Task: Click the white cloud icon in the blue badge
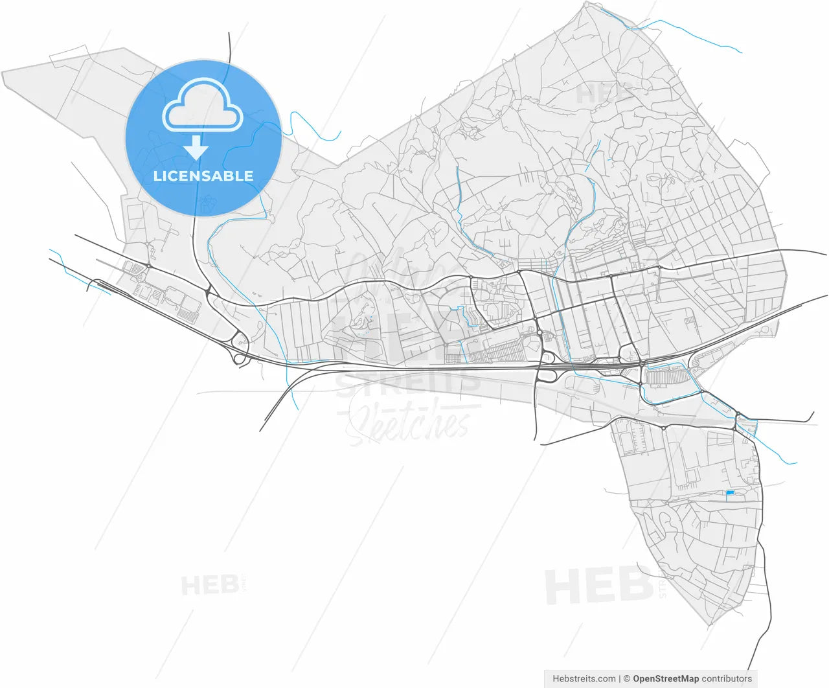[x=203, y=106]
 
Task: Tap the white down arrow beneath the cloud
[x=196, y=150]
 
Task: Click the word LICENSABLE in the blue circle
[x=203, y=176]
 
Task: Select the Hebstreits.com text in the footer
[x=584, y=679]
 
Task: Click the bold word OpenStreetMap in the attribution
[x=665, y=679]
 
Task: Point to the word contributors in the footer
[x=727, y=679]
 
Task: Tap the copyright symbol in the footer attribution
[x=626, y=679]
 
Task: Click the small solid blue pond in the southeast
[x=731, y=494]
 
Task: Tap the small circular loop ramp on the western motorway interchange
[x=239, y=357]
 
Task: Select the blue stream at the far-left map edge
[x=78, y=275]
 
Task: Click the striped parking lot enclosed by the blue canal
[x=667, y=377]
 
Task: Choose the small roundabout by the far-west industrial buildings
[x=148, y=266]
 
